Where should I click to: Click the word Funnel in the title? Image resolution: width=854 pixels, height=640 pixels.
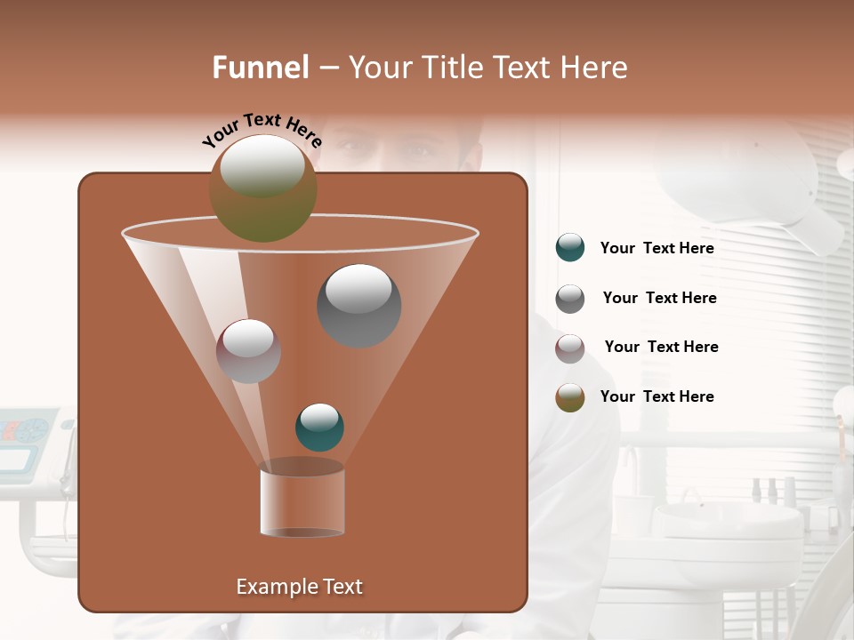[x=261, y=68]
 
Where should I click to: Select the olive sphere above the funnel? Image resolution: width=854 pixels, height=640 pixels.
[x=262, y=188]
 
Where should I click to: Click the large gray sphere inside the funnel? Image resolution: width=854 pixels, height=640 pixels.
[x=359, y=306]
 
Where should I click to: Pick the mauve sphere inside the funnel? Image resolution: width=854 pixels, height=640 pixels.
[x=248, y=351]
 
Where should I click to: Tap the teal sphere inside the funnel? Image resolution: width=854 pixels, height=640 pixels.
[x=319, y=427]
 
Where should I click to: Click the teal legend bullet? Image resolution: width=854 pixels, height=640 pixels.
[x=570, y=248]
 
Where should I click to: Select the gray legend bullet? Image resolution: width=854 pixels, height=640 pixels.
[x=570, y=299]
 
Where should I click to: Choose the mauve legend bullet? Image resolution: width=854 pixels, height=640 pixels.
[x=570, y=348]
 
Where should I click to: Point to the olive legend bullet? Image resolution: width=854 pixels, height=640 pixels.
[x=570, y=397]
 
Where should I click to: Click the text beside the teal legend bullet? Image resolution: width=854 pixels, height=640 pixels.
[x=657, y=249]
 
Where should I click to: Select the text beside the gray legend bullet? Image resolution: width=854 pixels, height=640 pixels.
[x=659, y=299]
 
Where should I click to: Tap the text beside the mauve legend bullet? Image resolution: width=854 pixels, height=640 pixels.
[x=661, y=348]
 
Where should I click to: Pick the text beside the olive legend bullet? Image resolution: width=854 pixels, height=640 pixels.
[x=657, y=397]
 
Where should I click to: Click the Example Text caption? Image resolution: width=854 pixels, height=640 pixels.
[x=299, y=587]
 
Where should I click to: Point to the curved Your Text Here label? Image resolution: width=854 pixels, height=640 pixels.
[x=262, y=130]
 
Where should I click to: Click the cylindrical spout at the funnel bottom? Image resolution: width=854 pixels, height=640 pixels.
[x=302, y=502]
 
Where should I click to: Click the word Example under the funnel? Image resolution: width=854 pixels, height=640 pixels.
[x=271, y=587]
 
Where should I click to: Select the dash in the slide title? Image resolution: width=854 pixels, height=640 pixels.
[x=328, y=68]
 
